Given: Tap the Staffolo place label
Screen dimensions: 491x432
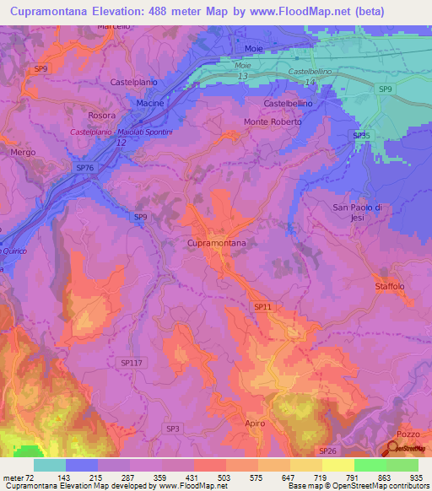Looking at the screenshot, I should pyautogui.click(x=390, y=287).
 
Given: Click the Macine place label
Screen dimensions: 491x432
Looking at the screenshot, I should pyautogui.click(x=150, y=102).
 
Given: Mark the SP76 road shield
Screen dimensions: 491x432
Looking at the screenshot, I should pyautogui.click(x=85, y=168).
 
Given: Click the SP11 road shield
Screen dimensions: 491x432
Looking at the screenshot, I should pyautogui.click(x=262, y=307).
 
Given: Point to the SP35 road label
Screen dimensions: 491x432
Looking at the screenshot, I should pyautogui.click(x=361, y=135).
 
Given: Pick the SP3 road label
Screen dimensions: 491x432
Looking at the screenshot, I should pyautogui.click(x=173, y=429).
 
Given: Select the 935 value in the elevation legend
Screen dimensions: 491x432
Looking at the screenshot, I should pyautogui.click(x=416, y=477).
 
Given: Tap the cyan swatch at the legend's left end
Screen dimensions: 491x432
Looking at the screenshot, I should pyautogui.click(x=49, y=465).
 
